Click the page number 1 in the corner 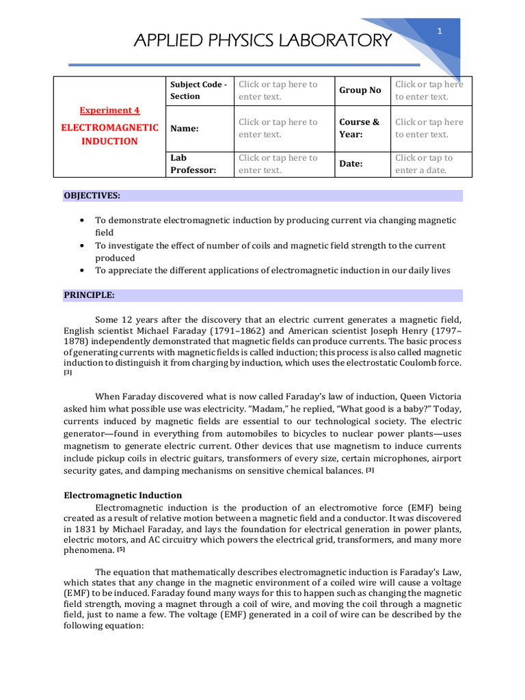[x=440, y=31]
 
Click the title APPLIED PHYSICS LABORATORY [x=263, y=40]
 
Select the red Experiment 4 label [x=109, y=110]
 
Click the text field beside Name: [x=278, y=128]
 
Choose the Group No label [x=360, y=90]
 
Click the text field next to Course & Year [x=429, y=128]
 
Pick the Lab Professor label [x=193, y=163]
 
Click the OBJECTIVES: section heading [x=92, y=196]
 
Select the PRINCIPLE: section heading [x=90, y=295]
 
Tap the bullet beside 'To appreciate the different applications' [x=82, y=271]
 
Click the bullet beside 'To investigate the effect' [x=82, y=245]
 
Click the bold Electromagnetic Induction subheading [x=123, y=495]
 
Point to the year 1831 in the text [x=77, y=529]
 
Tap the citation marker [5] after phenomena [x=121, y=550]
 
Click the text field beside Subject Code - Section [x=278, y=90]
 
